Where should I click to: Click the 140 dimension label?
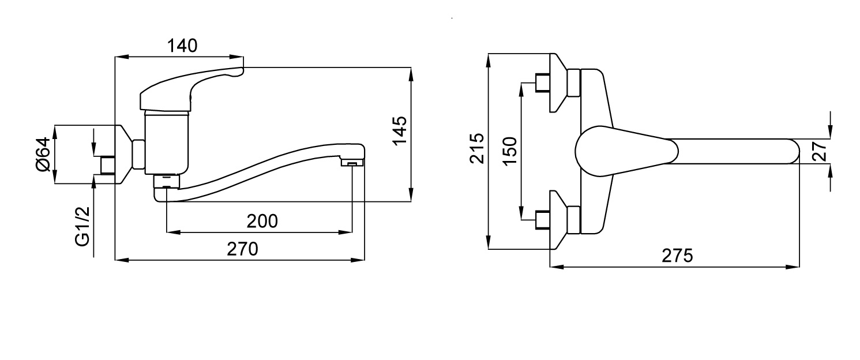[182, 46]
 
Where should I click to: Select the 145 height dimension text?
[400, 130]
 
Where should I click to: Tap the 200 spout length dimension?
[262, 222]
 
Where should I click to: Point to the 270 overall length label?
[242, 249]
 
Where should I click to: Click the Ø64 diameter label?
[43, 155]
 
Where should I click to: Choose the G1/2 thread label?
[82, 226]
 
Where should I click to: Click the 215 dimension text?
[477, 149]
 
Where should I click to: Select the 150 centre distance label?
[510, 151]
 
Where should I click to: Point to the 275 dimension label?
[677, 256]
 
